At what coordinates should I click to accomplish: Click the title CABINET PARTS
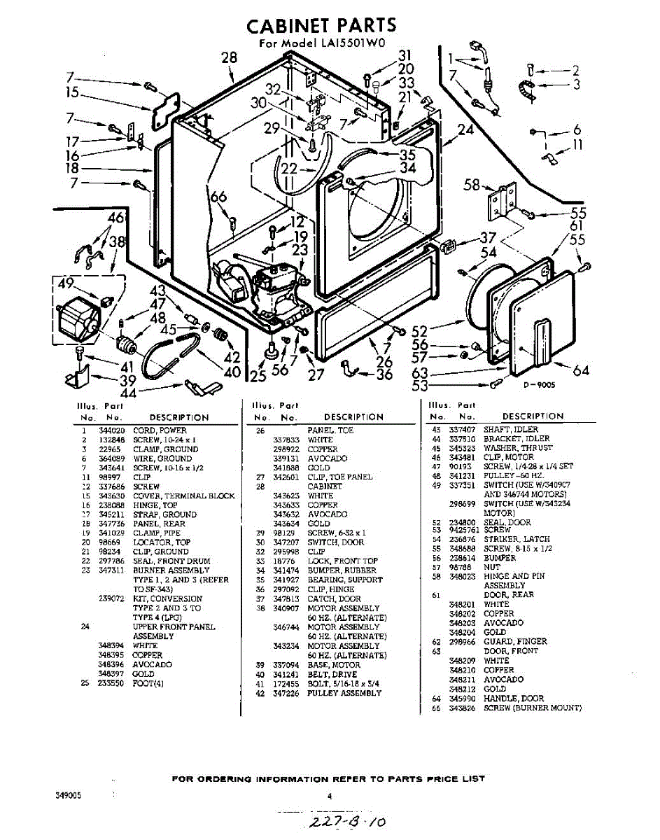coord(321,25)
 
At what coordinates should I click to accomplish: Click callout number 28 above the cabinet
coord(230,57)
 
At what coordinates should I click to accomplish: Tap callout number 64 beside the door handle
coord(581,370)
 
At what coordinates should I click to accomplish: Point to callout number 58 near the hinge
coord(472,185)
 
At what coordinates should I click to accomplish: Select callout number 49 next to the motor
coord(66,283)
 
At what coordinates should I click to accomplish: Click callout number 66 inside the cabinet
coord(219,197)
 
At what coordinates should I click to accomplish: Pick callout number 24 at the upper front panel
coord(465,129)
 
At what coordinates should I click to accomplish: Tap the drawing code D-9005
coord(538,384)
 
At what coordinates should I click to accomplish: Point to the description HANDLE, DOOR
coord(513,699)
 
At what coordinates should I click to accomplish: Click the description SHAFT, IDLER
coord(511,429)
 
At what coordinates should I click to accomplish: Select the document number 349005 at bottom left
coord(69,796)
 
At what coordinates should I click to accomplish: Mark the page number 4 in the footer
coord(329,796)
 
